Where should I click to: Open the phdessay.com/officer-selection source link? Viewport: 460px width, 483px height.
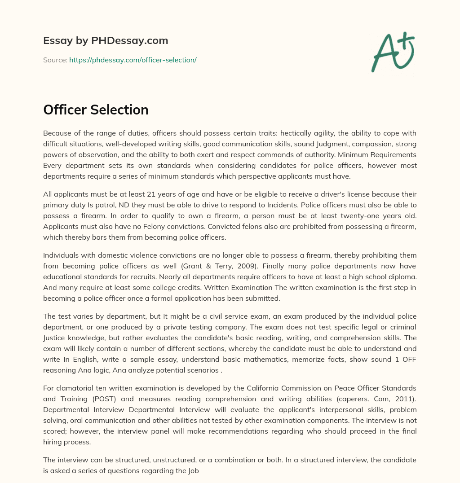click(133, 60)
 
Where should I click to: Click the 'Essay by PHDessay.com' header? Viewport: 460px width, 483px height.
click(106, 40)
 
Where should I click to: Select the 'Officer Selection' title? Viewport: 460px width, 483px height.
click(96, 110)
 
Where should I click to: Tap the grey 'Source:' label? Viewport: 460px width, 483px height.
click(55, 60)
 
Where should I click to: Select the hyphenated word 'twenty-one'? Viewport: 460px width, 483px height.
click(359, 215)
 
